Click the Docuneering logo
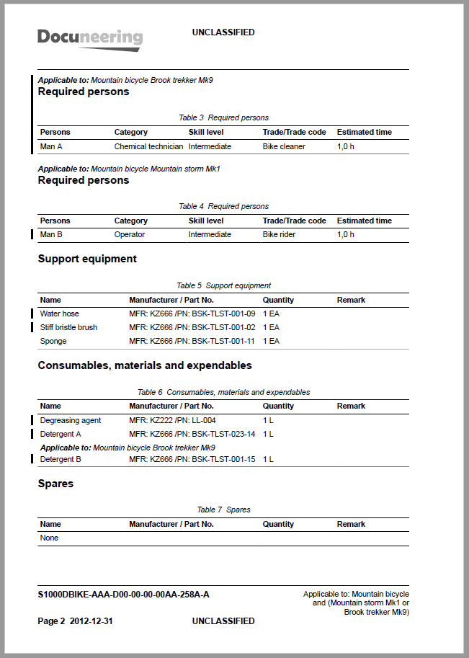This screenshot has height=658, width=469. (x=89, y=38)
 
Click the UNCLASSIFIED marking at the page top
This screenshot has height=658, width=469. (x=223, y=32)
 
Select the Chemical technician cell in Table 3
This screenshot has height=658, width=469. (x=148, y=146)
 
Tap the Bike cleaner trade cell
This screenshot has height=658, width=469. (x=284, y=146)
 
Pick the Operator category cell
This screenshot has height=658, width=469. (x=130, y=234)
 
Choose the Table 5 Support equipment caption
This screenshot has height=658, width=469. (x=223, y=285)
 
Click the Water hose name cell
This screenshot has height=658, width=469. (x=60, y=314)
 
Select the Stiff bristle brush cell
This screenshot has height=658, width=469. (x=68, y=327)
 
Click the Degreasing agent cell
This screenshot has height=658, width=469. (x=71, y=420)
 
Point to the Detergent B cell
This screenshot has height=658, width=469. (x=61, y=459)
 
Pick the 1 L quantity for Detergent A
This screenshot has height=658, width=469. (x=268, y=434)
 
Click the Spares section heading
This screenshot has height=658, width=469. (x=55, y=484)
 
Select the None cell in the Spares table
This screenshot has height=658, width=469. (x=50, y=538)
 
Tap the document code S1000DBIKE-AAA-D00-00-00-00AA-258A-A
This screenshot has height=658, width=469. (x=123, y=595)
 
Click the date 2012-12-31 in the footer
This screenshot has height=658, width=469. (x=91, y=621)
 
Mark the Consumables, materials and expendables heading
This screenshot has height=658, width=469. (x=145, y=365)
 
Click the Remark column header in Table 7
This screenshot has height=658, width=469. (x=351, y=524)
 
